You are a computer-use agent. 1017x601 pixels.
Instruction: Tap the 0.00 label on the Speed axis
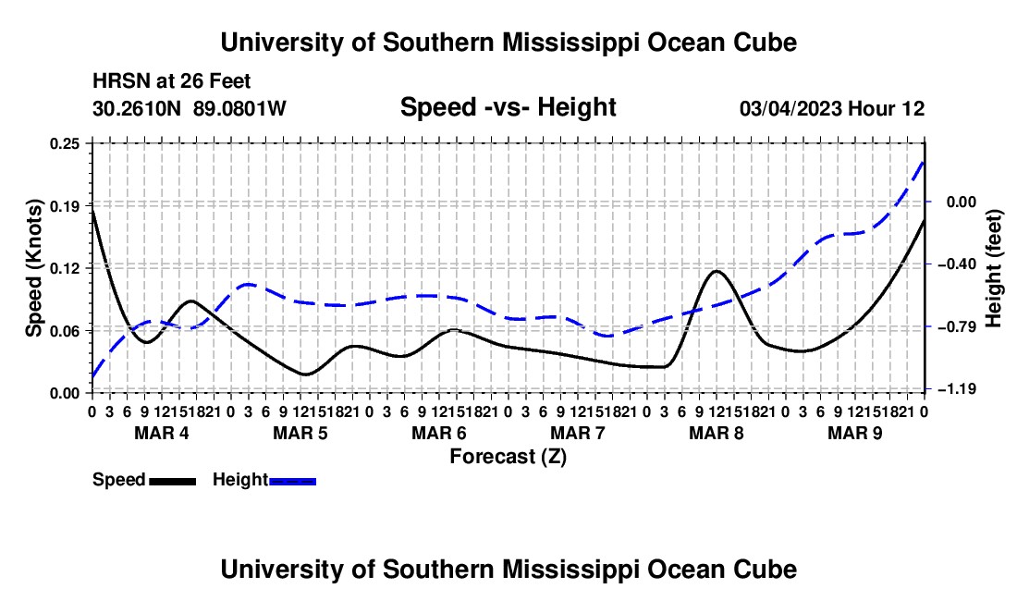click(65, 394)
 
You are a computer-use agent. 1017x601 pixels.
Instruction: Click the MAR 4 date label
click(162, 433)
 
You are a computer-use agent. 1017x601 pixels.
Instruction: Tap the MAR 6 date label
click(439, 433)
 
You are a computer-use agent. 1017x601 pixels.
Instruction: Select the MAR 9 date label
click(855, 433)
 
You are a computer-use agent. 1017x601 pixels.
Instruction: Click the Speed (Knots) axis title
click(33, 268)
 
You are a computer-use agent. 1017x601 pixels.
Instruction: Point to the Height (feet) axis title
click(994, 268)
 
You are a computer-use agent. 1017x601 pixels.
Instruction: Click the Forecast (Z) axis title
click(508, 457)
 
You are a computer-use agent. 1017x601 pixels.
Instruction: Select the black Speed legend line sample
click(173, 482)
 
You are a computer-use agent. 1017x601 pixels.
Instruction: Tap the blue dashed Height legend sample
click(292, 482)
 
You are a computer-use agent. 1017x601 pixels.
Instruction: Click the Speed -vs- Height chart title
click(508, 107)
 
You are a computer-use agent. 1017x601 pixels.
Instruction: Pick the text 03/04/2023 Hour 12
click(832, 108)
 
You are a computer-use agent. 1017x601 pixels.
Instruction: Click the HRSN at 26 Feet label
click(172, 81)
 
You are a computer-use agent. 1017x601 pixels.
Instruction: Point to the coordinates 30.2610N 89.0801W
click(190, 108)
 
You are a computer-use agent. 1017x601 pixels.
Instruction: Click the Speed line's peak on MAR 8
click(717, 271)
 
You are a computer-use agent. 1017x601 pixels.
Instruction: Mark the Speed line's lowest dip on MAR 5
click(305, 374)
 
